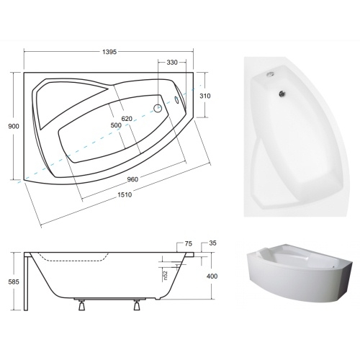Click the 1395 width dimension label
[109, 52]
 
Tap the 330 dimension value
[172, 63]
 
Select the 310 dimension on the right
[205, 96]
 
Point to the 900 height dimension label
[14, 126]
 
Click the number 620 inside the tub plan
[127, 119]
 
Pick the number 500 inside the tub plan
[116, 125]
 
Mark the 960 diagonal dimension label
[132, 179]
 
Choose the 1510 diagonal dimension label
[125, 194]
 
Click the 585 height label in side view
[14, 282]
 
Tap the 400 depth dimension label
[212, 276]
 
